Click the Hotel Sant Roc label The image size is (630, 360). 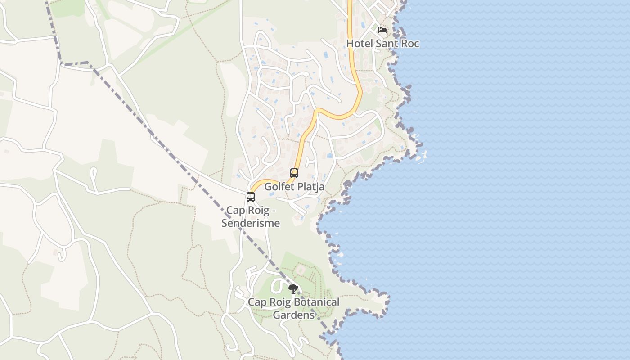(x=382, y=44)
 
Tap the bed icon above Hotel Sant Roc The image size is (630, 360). (x=382, y=30)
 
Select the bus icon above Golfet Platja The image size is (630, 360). (x=294, y=173)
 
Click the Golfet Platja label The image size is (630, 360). (x=294, y=186)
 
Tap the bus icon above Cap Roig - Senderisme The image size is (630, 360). (x=251, y=197)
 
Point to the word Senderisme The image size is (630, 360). (x=251, y=223)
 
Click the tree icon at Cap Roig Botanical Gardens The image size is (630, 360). (x=293, y=288)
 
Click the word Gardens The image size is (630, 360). (x=293, y=315)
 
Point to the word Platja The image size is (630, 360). (x=311, y=186)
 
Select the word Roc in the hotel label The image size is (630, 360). (x=410, y=44)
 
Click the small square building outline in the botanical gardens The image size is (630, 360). (x=301, y=270)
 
